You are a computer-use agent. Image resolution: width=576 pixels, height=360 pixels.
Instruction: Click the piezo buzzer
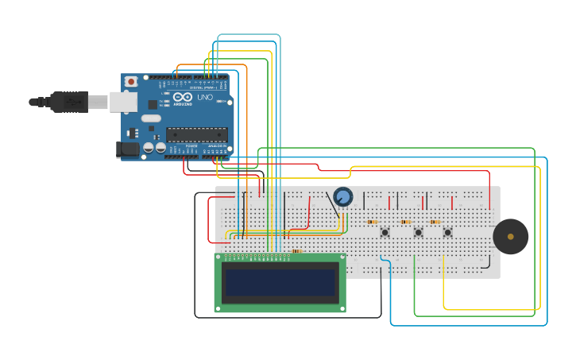tap(510, 237)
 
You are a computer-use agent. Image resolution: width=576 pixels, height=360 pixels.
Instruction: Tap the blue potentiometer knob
tap(343, 196)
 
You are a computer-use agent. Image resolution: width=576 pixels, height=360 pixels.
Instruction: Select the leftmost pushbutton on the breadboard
tap(385, 232)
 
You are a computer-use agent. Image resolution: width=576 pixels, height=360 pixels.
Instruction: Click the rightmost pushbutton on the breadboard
tap(448, 232)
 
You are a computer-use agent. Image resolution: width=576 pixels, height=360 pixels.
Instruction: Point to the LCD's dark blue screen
tap(280, 282)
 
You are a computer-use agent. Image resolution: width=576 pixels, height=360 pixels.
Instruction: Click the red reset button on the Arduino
tap(130, 81)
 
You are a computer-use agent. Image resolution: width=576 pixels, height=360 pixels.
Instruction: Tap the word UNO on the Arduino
tap(204, 97)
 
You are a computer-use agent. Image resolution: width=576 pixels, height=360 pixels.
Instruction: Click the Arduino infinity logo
tap(183, 97)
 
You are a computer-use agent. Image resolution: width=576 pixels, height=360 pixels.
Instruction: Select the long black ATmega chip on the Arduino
tap(196, 134)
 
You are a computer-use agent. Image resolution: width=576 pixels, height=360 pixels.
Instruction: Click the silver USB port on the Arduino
tap(123, 101)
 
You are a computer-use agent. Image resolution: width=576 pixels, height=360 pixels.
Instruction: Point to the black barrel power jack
tap(127, 149)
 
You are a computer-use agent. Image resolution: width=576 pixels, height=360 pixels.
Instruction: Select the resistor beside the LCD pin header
tap(297, 251)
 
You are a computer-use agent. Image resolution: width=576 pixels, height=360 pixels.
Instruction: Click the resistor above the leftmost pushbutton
tap(373, 222)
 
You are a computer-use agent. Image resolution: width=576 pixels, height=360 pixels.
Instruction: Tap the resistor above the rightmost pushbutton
tap(435, 222)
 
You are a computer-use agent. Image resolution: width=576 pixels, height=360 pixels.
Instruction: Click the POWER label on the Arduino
tap(191, 146)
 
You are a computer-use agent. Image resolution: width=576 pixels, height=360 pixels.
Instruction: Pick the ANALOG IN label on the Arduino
tap(216, 146)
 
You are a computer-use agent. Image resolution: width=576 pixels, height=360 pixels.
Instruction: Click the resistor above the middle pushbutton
tap(406, 222)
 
